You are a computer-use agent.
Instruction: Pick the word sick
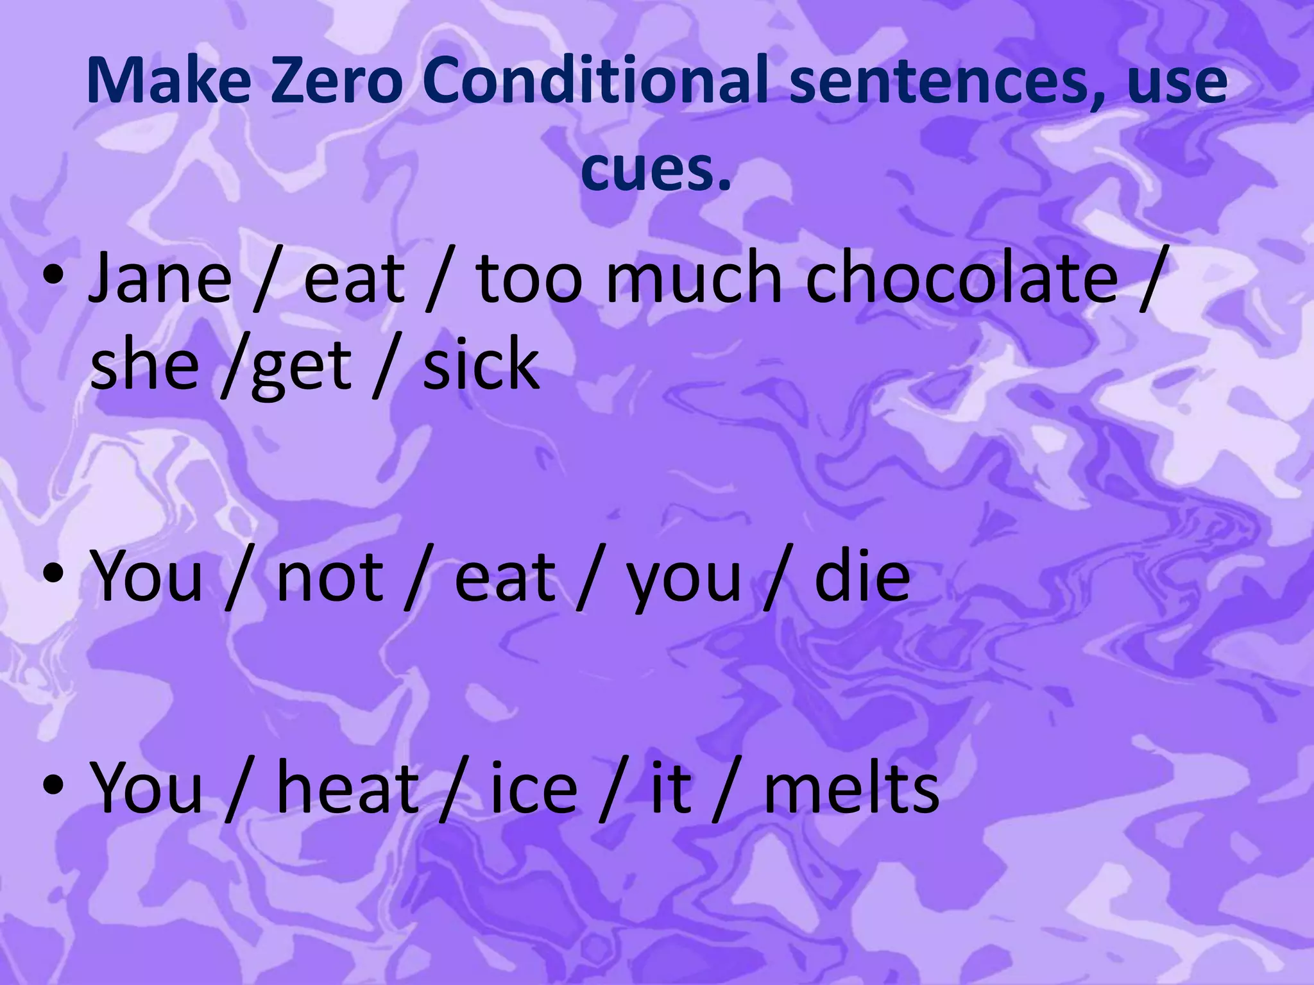(x=481, y=366)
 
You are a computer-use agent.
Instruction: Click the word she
(x=144, y=366)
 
